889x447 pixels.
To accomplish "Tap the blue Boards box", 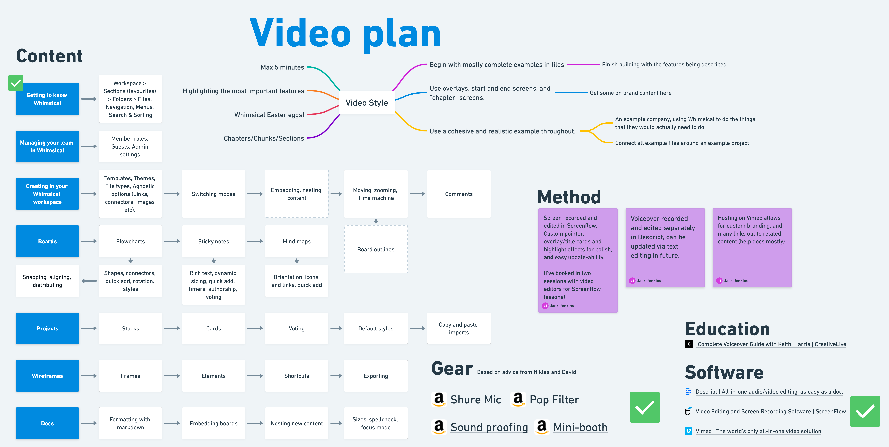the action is click(47, 241).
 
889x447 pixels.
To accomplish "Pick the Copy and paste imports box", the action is click(459, 328).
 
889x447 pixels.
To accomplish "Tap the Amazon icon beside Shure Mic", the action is click(439, 399).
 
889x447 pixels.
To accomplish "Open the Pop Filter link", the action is click(554, 400).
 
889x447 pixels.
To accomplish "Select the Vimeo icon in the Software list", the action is click(688, 431).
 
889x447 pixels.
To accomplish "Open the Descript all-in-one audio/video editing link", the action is click(769, 392).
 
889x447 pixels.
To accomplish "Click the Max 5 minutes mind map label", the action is click(282, 67).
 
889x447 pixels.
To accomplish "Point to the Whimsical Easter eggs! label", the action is click(269, 115).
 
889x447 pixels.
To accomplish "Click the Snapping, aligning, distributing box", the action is click(47, 281).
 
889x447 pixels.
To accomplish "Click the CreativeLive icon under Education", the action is click(689, 344).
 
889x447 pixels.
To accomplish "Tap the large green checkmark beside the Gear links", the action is click(645, 407).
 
